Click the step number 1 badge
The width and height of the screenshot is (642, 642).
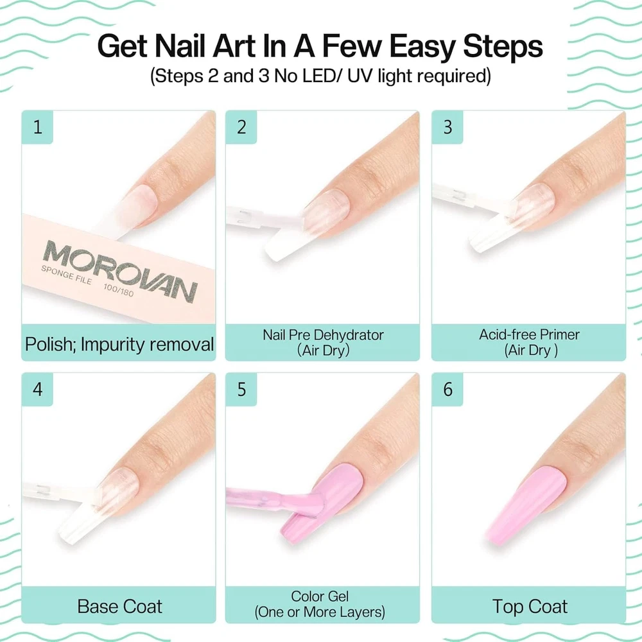pos(37,127)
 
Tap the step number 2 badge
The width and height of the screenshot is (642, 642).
pos(241,127)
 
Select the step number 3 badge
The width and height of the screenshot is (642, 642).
pos(447,127)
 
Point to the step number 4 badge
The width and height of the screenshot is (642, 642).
pos(37,389)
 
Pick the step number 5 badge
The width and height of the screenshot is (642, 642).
pos(241,389)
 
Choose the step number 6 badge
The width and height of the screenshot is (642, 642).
pos(447,389)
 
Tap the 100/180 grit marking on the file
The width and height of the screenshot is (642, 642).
pos(118,290)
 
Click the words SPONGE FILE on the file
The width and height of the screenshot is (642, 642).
pos(66,275)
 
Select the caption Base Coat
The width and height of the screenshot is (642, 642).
pos(119,607)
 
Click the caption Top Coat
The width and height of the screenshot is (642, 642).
pos(530,607)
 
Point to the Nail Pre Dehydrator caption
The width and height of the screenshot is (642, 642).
pos(323,342)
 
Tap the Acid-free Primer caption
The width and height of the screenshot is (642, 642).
pos(530,342)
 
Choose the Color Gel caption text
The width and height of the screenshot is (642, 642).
pos(320,604)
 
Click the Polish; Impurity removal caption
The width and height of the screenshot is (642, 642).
pos(119,344)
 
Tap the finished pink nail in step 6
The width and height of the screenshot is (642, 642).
pos(527,506)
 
